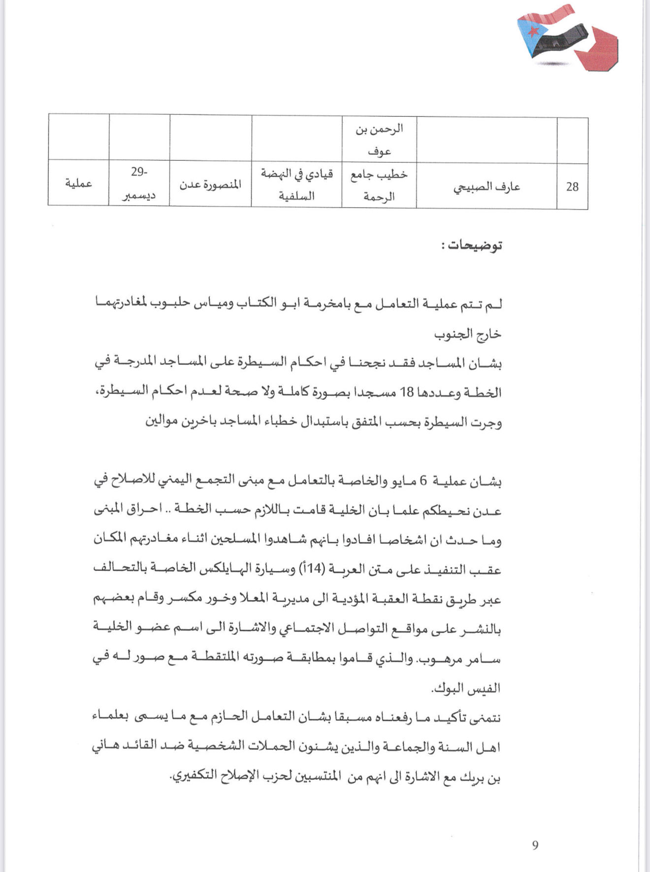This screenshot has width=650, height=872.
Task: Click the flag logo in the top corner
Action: coord(566,38)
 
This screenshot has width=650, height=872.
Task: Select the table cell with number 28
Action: coord(572,187)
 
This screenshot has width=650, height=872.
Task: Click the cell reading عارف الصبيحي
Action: coord(487,187)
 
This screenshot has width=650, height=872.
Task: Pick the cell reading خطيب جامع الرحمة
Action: coord(379,185)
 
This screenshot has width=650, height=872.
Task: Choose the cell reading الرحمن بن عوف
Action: coord(379,140)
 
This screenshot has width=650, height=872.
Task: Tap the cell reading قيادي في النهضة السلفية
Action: coord(296,185)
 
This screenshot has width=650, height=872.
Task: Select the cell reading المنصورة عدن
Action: coord(210,185)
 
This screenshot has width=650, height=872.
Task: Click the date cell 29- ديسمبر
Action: coord(139,184)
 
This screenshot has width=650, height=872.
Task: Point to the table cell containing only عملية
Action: coord(79,184)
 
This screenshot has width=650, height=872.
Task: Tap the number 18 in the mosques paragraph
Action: coord(407,393)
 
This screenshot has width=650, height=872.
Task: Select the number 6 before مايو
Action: coord(423,482)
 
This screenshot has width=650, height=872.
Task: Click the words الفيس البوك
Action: coord(466,688)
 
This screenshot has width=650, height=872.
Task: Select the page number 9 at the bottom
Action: coord(535,845)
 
